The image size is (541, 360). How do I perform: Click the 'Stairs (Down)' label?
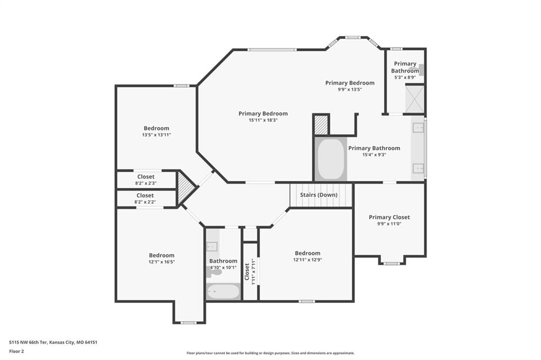319,195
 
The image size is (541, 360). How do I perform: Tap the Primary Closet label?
389,217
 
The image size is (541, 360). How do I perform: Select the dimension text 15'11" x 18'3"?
263,120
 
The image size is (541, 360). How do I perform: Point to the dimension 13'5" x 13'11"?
156,135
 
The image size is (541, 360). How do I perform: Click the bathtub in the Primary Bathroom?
331,159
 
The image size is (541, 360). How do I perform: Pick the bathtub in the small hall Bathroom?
223,292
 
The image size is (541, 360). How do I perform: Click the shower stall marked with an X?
414,99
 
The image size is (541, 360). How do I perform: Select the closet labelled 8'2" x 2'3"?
146,179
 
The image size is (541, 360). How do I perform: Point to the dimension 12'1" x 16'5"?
162,262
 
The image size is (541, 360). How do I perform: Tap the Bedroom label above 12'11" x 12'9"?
307,253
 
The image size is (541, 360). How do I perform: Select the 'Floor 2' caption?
16,352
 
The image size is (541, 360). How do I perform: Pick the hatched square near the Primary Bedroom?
321,125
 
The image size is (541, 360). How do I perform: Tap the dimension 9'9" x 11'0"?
389,224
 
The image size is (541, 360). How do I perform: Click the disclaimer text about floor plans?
270,353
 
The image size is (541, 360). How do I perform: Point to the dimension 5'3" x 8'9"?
405,77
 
